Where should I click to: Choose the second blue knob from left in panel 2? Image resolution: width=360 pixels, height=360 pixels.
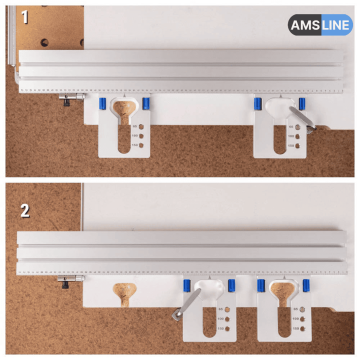click(230, 286)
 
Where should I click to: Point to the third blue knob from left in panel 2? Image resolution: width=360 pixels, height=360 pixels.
click(262, 286)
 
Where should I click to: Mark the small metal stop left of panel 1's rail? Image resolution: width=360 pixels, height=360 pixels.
click(69, 99)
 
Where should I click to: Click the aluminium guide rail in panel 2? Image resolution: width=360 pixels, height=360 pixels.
click(180, 250)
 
